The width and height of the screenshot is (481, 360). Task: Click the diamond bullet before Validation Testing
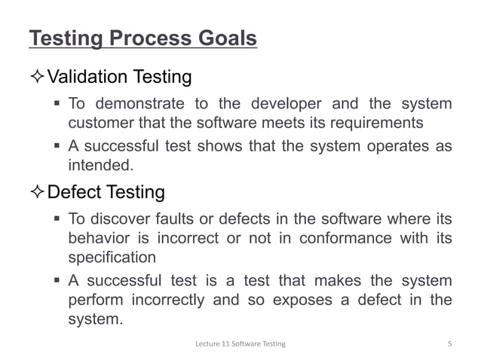click(37, 77)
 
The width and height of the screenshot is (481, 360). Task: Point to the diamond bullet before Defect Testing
click(37, 192)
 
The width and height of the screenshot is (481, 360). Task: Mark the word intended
click(95, 165)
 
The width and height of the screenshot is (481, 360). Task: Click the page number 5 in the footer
click(449, 344)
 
